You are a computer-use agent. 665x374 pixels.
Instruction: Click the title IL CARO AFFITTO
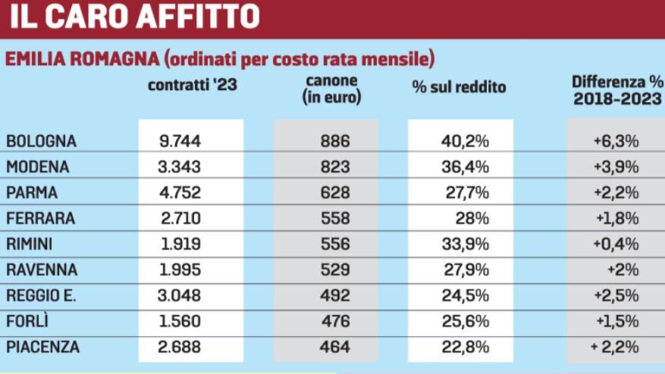click(x=134, y=16)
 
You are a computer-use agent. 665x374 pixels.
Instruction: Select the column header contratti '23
click(x=193, y=86)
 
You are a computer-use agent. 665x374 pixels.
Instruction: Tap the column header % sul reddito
click(x=459, y=87)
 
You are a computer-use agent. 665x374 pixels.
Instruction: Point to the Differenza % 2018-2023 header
click(x=617, y=89)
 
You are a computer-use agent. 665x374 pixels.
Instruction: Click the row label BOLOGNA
click(x=42, y=141)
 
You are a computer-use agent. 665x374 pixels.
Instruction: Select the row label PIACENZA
click(x=42, y=347)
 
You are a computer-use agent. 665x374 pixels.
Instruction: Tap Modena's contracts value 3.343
click(x=180, y=167)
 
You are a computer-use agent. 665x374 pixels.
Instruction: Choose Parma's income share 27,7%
click(x=466, y=192)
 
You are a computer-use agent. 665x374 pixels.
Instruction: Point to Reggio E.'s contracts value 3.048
click(x=180, y=295)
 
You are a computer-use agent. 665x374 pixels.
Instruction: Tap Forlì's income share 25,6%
click(x=466, y=321)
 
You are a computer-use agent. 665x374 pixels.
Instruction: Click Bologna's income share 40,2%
click(x=465, y=141)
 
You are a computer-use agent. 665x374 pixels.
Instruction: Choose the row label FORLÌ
click(x=27, y=321)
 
